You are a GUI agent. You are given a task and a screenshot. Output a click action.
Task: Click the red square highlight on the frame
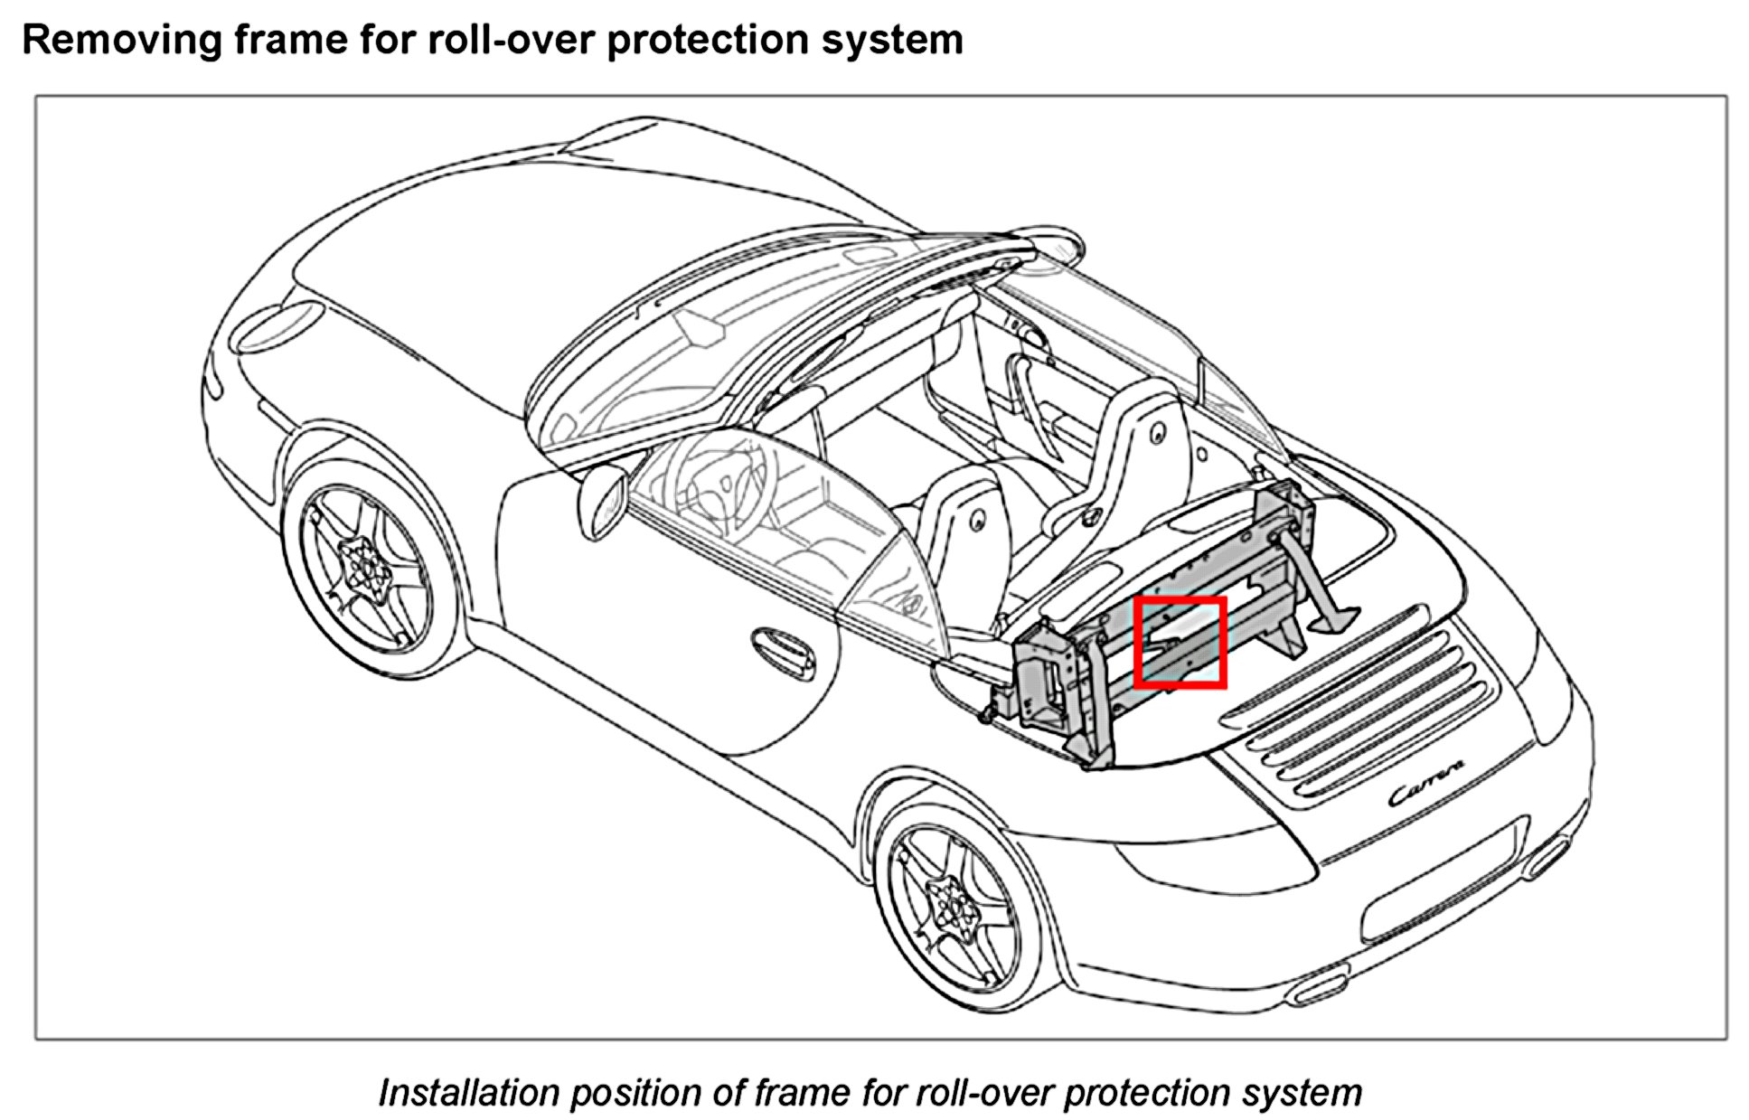[x=1180, y=642]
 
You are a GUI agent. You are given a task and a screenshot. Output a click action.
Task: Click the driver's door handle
[x=783, y=652]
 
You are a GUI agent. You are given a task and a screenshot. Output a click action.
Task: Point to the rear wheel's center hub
[x=952, y=905]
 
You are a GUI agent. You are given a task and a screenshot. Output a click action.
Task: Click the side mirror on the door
[x=603, y=503]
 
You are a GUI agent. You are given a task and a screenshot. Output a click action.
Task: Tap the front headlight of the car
[x=276, y=326]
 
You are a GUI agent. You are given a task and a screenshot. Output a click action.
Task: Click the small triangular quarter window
[x=890, y=588]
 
